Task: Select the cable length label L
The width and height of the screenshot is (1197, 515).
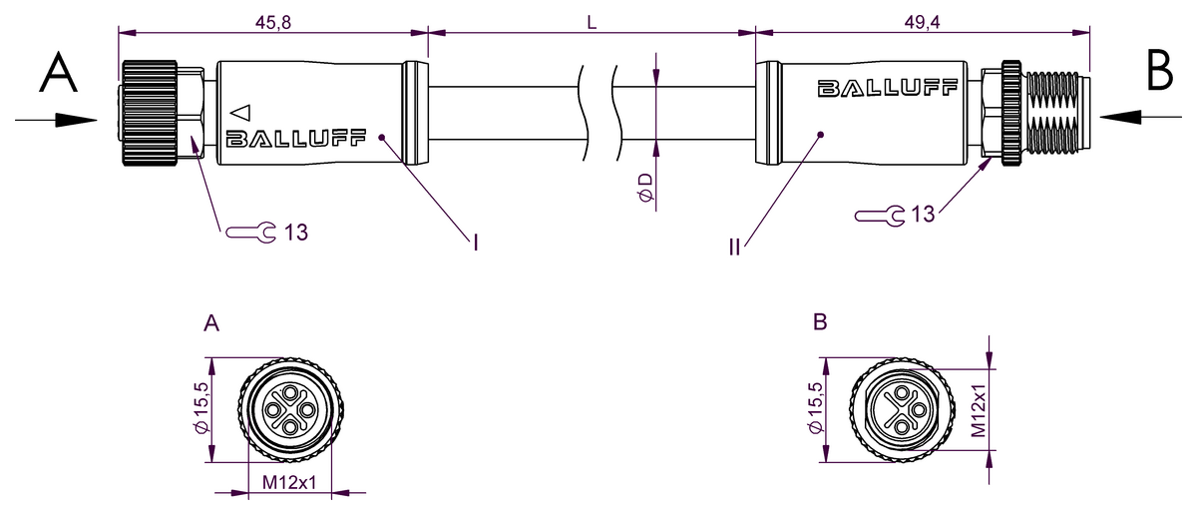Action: click(592, 22)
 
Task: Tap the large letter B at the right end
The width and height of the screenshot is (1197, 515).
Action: click(1160, 71)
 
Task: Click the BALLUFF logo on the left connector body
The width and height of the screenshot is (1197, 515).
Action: click(296, 139)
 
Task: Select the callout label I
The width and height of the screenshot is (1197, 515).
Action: click(476, 242)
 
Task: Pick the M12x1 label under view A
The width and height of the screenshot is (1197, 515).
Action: click(289, 483)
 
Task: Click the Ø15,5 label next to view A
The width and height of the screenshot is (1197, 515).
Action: click(201, 409)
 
